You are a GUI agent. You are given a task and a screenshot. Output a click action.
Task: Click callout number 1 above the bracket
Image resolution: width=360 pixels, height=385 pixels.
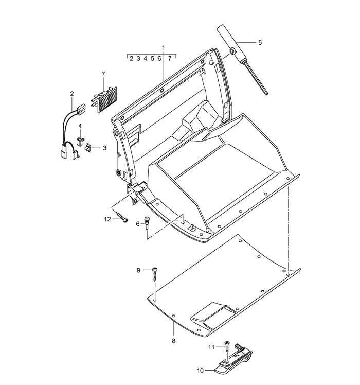[163, 48]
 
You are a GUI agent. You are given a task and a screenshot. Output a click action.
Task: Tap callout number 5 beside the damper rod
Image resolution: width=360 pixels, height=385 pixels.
[260, 43]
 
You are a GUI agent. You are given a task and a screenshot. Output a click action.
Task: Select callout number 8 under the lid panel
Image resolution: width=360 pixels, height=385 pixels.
[173, 341]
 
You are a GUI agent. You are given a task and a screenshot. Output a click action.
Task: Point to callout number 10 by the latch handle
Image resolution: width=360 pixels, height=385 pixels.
[200, 370]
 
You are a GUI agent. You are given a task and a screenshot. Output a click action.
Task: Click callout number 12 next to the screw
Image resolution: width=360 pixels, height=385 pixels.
[107, 219]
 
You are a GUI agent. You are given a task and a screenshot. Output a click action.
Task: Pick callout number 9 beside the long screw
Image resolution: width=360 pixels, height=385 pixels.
[138, 270]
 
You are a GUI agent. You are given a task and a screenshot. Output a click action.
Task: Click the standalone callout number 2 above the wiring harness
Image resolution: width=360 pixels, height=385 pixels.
[72, 94]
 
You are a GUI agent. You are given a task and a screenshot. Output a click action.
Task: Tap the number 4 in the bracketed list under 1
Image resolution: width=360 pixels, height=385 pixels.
[146, 59]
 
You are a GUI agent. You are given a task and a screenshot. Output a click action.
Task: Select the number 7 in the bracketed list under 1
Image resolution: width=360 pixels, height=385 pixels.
[169, 59]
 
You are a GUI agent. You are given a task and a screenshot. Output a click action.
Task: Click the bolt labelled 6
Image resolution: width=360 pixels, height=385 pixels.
[148, 222]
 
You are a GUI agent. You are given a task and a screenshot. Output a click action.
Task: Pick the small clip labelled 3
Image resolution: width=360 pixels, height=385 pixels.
[88, 148]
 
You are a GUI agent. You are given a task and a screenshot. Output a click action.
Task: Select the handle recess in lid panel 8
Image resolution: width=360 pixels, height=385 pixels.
[213, 315]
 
